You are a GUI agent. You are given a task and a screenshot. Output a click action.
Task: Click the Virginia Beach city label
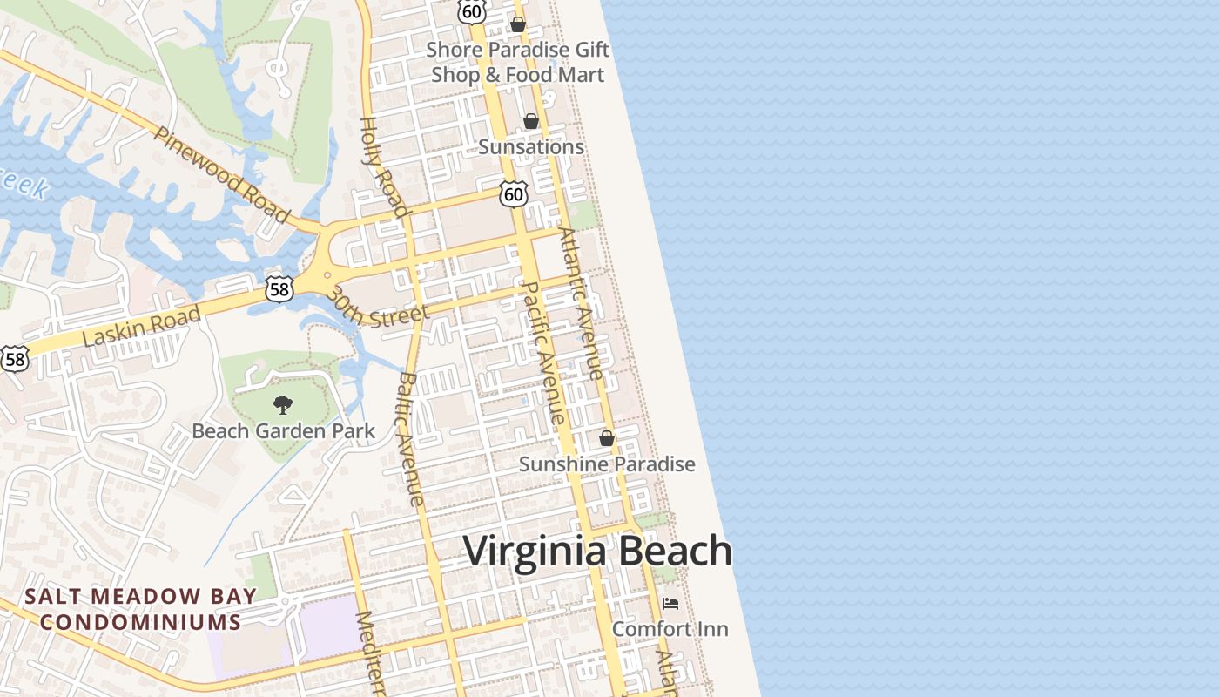point(597,552)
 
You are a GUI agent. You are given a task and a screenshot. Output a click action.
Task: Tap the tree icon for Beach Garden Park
point(282,404)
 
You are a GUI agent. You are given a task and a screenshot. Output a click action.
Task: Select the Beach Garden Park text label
point(283,430)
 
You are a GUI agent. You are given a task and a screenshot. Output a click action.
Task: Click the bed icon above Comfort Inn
point(670,603)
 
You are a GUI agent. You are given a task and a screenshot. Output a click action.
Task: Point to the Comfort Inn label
point(670,628)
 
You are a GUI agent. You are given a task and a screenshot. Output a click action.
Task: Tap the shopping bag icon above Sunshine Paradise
point(607,438)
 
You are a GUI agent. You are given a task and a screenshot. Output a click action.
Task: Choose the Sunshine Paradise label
point(607,464)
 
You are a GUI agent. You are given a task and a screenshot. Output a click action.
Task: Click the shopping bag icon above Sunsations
point(530,121)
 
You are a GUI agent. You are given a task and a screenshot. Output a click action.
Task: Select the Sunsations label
point(531,146)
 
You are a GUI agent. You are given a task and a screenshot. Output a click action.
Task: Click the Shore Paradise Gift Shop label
point(518,62)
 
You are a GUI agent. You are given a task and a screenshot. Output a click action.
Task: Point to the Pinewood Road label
point(221,173)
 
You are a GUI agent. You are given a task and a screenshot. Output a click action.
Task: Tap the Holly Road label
point(384,166)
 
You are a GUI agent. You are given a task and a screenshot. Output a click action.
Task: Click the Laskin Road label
point(141,326)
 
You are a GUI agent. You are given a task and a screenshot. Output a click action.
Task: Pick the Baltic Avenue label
point(410,439)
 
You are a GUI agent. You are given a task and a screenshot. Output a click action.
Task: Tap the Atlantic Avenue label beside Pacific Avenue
point(581,303)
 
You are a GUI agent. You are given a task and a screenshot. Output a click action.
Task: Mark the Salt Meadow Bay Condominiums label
point(140,609)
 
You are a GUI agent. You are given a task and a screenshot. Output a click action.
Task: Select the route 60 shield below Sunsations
point(514,194)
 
